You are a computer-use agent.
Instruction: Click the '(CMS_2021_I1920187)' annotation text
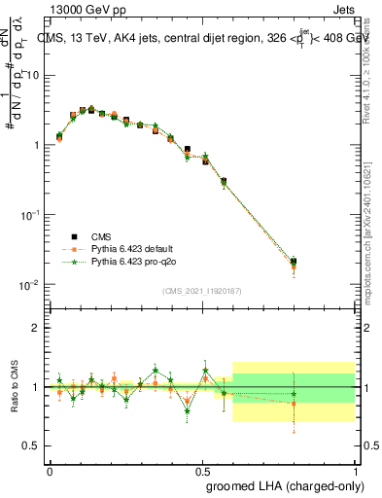(201, 290)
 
